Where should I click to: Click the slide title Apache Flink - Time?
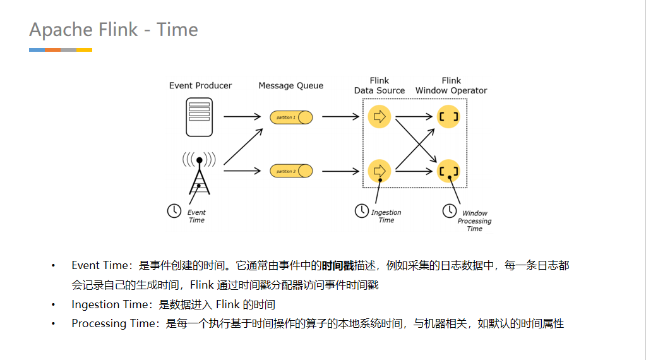[x=114, y=30]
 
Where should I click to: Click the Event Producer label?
[x=200, y=85]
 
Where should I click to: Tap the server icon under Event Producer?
[x=199, y=117]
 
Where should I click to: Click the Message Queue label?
[x=290, y=85]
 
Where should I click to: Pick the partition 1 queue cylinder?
[x=291, y=117]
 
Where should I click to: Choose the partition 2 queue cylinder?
[x=291, y=171]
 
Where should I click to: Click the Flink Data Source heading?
[x=380, y=85]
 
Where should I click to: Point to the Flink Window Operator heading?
[x=451, y=85]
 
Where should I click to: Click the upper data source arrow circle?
[x=380, y=117]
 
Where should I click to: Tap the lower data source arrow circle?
[x=380, y=171]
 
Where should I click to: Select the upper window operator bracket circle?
[x=448, y=117]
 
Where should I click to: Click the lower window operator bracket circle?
[x=448, y=171]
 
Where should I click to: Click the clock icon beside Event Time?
[x=174, y=211]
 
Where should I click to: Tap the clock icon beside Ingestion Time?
[x=361, y=211]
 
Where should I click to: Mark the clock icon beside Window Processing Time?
[x=449, y=210]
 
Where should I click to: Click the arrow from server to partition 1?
[x=242, y=117]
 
